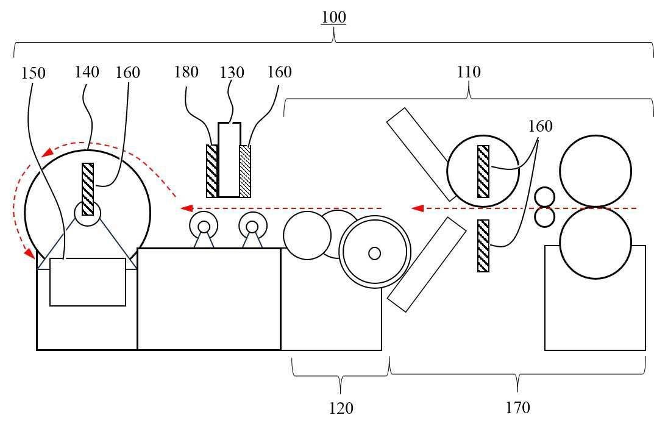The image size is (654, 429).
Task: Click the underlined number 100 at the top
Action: pos(333,18)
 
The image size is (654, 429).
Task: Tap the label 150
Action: pos(34,73)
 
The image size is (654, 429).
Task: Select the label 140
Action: pos(87,72)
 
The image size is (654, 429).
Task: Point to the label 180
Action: pos(186,72)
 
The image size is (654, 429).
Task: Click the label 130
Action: pos(232,73)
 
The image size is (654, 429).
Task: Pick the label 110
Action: pos(469,72)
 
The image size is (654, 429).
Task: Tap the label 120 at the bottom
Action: pos(341,408)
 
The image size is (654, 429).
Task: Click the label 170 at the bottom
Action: pos(518,407)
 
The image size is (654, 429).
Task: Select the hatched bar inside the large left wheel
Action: pos(88,190)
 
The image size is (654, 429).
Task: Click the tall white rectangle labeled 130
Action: pos(229,160)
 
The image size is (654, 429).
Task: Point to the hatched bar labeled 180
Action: pos(212,171)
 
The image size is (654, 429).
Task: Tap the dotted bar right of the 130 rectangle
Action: pos(245,171)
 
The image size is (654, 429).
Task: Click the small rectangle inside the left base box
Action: pos(88,282)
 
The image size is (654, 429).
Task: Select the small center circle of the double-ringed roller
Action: pos(375,253)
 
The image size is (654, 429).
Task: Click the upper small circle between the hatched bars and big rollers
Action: pos(545,197)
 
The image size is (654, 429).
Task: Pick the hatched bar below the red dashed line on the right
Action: pos(483,246)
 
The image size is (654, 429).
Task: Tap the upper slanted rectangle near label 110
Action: pos(421,154)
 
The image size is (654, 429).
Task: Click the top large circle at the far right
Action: pos(595,171)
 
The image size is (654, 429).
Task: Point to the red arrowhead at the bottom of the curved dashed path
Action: pos(29,253)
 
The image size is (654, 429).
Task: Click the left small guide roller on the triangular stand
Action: pos(204,226)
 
